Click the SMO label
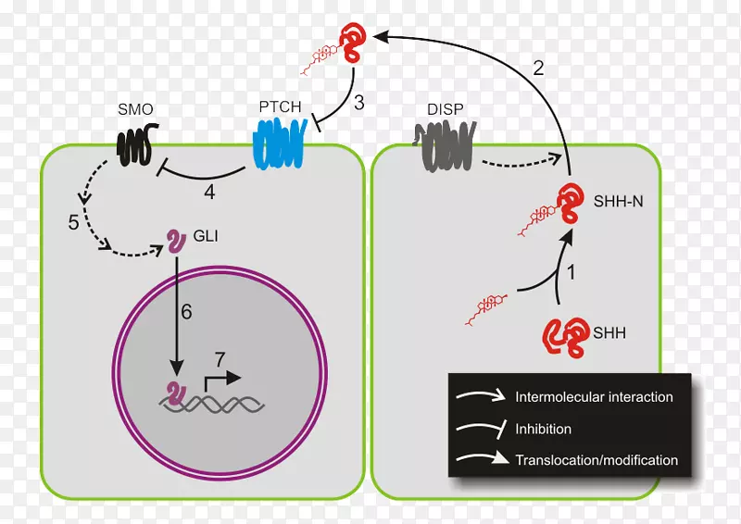[136, 109]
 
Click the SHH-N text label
[610, 200]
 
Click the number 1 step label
[571, 274]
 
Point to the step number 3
[358, 103]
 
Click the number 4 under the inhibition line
[208, 193]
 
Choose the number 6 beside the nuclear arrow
[186, 312]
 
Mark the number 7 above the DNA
[219, 358]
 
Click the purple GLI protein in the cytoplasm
[173, 240]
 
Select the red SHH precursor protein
[566, 337]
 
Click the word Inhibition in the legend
[544, 429]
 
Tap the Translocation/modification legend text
[597, 460]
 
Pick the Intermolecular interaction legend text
[594, 397]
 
